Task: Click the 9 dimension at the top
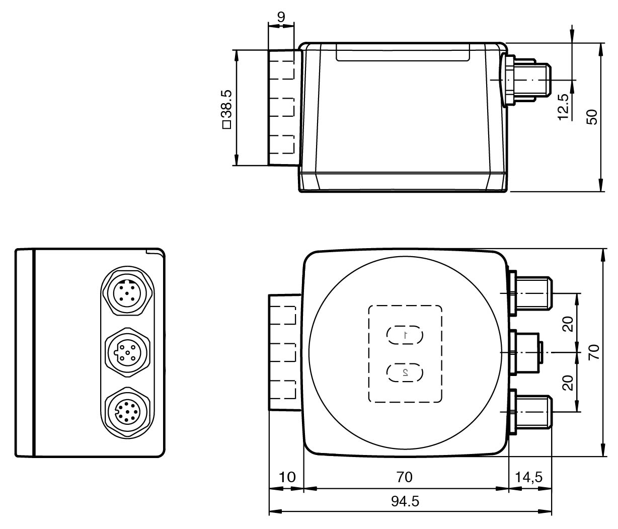click(x=281, y=16)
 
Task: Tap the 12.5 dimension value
click(x=563, y=107)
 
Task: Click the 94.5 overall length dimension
click(x=405, y=502)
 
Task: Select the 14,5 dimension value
click(x=528, y=476)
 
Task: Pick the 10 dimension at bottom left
click(x=287, y=476)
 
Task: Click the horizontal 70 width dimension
click(x=405, y=476)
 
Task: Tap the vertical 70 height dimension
click(x=594, y=352)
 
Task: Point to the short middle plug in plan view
click(x=526, y=352)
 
